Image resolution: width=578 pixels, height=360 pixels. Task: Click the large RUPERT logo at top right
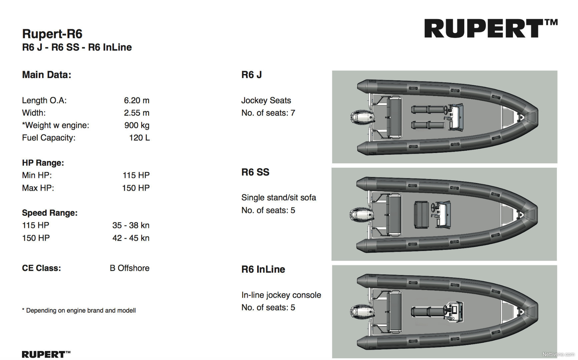point(490,28)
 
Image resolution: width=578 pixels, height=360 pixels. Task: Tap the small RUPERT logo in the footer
point(46,354)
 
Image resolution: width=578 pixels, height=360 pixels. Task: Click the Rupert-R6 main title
point(52,34)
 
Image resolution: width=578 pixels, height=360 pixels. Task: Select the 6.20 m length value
point(136,100)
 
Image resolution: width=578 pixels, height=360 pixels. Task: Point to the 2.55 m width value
point(136,113)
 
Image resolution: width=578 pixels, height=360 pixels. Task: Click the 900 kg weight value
point(137,125)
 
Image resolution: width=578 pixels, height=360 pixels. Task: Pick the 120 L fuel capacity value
point(139,138)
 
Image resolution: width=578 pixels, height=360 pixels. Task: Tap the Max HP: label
point(38,188)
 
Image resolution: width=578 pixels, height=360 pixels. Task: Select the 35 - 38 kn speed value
point(131,225)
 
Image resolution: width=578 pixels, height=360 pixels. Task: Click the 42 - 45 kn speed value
point(131,238)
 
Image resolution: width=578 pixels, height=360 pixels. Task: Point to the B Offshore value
point(129,268)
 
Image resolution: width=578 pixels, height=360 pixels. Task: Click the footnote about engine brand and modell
point(79,310)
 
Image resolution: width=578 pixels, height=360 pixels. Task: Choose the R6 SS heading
point(255,172)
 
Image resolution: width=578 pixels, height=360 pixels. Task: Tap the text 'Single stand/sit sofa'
point(278,198)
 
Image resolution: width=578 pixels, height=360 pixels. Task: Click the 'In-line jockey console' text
point(281,295)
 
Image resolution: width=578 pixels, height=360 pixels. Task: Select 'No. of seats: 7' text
point(268,113)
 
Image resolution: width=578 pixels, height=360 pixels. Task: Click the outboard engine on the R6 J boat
point(362,117)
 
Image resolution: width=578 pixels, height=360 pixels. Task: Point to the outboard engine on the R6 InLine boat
point(362,312)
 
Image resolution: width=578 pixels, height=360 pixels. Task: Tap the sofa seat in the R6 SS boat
point(421,215)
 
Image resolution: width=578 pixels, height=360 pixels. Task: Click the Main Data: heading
point(47,75)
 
